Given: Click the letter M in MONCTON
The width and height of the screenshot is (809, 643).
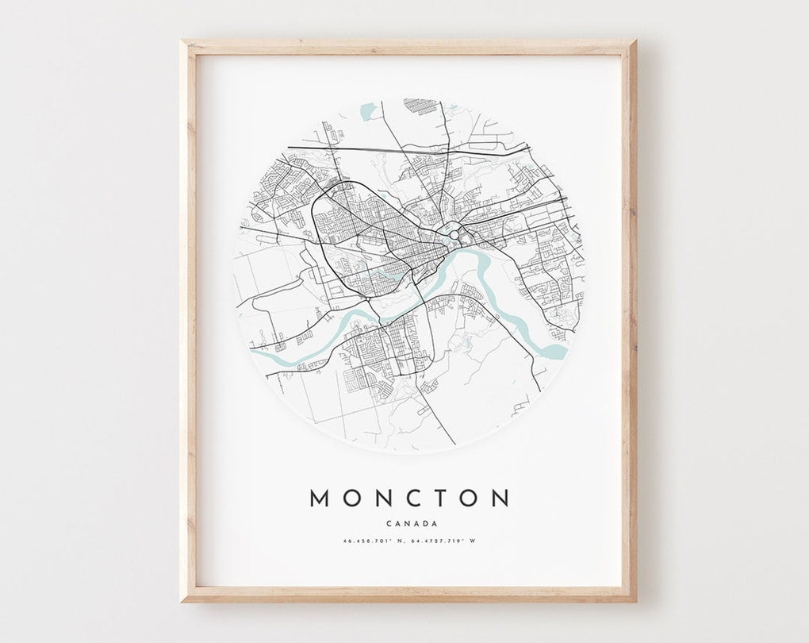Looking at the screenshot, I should point(318,498).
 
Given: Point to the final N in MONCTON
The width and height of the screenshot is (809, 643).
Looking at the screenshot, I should point(500,498).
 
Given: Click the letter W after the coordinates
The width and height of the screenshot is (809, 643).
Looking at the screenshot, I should point(473,541).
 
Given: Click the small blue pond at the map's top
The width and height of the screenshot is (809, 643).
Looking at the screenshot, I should point(366,113).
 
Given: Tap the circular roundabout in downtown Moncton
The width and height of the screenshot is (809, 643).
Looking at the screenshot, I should point(453,234).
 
